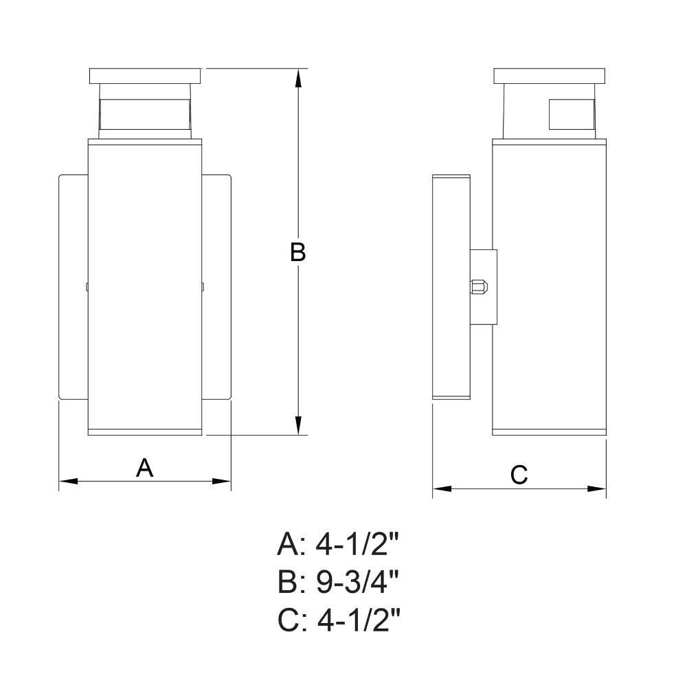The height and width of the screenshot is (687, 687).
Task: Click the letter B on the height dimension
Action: click(x=298, y=252)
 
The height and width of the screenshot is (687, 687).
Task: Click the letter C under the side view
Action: click(x=519, y=475)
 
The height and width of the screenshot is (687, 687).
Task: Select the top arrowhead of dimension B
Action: click(x=298, y=78)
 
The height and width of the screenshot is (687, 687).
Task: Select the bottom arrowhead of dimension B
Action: click(x=298, y=425)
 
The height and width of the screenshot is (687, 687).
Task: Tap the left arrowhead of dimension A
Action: click(x=68, y=482)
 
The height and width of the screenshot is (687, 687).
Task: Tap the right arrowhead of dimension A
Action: click(x=221, y=482)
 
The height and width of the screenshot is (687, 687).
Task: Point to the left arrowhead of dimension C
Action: click(x=442, y=488)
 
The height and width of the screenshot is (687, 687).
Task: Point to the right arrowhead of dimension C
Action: click(x=597, y=488)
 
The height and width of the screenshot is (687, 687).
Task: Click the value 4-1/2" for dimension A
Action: click(x=357, y=545)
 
